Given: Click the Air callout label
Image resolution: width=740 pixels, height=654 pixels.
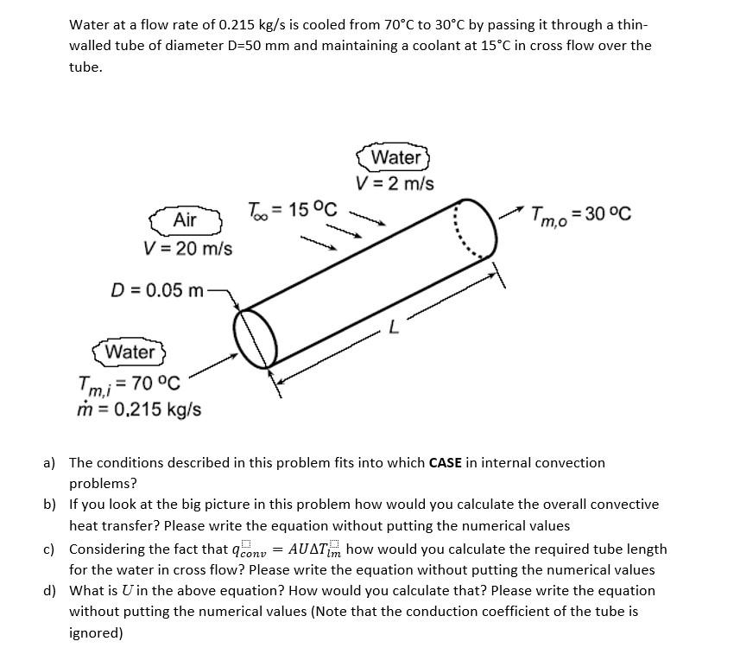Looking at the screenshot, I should click(x=186, y=220).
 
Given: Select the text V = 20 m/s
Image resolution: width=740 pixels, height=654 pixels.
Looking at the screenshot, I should click(x=188, y=249).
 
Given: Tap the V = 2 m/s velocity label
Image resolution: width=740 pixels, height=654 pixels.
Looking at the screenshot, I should click(x=395, y=184).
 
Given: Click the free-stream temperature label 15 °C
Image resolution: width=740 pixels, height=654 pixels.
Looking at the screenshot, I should click(x=293, y=209).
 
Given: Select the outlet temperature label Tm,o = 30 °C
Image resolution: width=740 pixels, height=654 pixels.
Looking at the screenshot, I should click(x=580, y=214).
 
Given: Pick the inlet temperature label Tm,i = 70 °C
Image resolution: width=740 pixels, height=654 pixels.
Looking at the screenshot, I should click(x=129, y=383).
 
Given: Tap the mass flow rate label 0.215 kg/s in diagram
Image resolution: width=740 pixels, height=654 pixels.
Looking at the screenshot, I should click(x=139, y=408).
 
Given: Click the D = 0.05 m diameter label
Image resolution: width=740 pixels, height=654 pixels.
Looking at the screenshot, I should click(x=157, y=289).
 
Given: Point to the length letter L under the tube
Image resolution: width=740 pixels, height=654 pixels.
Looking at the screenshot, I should click(x=394, y=327).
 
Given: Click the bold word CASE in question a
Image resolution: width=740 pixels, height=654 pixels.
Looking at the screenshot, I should click(x=446, y=463).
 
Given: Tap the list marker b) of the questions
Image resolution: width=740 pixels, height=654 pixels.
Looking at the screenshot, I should click(x=50, y=505).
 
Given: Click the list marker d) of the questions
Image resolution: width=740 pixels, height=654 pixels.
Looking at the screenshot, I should click(x=50, y=591).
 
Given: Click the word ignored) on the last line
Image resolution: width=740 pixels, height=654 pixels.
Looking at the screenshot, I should click(x=96, y=633).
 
